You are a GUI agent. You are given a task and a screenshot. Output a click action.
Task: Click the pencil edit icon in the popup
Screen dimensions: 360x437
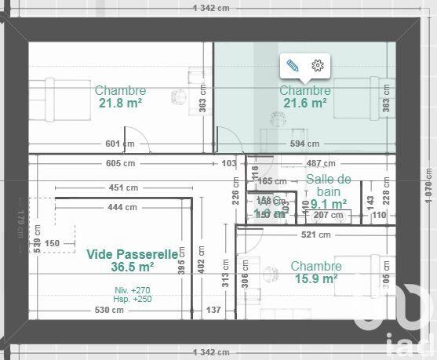pos(293,66)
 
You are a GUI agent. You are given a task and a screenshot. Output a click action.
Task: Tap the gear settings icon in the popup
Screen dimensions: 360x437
pos(318,66)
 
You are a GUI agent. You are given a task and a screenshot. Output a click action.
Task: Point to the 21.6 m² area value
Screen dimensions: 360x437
pos(304,103)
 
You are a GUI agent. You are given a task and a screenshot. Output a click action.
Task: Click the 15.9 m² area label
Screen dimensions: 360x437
pos(315,278)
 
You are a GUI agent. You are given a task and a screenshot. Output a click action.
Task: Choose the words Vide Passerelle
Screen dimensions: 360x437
pos(132,254)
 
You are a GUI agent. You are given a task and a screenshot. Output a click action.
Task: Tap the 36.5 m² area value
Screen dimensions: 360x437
pos(132,267)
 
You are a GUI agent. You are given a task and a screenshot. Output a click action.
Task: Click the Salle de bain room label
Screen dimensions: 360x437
pos(328,185)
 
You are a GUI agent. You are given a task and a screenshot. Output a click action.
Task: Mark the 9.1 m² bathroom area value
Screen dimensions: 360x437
pos(330,202)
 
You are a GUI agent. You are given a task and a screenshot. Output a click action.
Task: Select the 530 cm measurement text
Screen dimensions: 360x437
pos(109,311)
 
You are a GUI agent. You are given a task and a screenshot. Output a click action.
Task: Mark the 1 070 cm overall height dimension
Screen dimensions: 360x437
pos(429,180)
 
